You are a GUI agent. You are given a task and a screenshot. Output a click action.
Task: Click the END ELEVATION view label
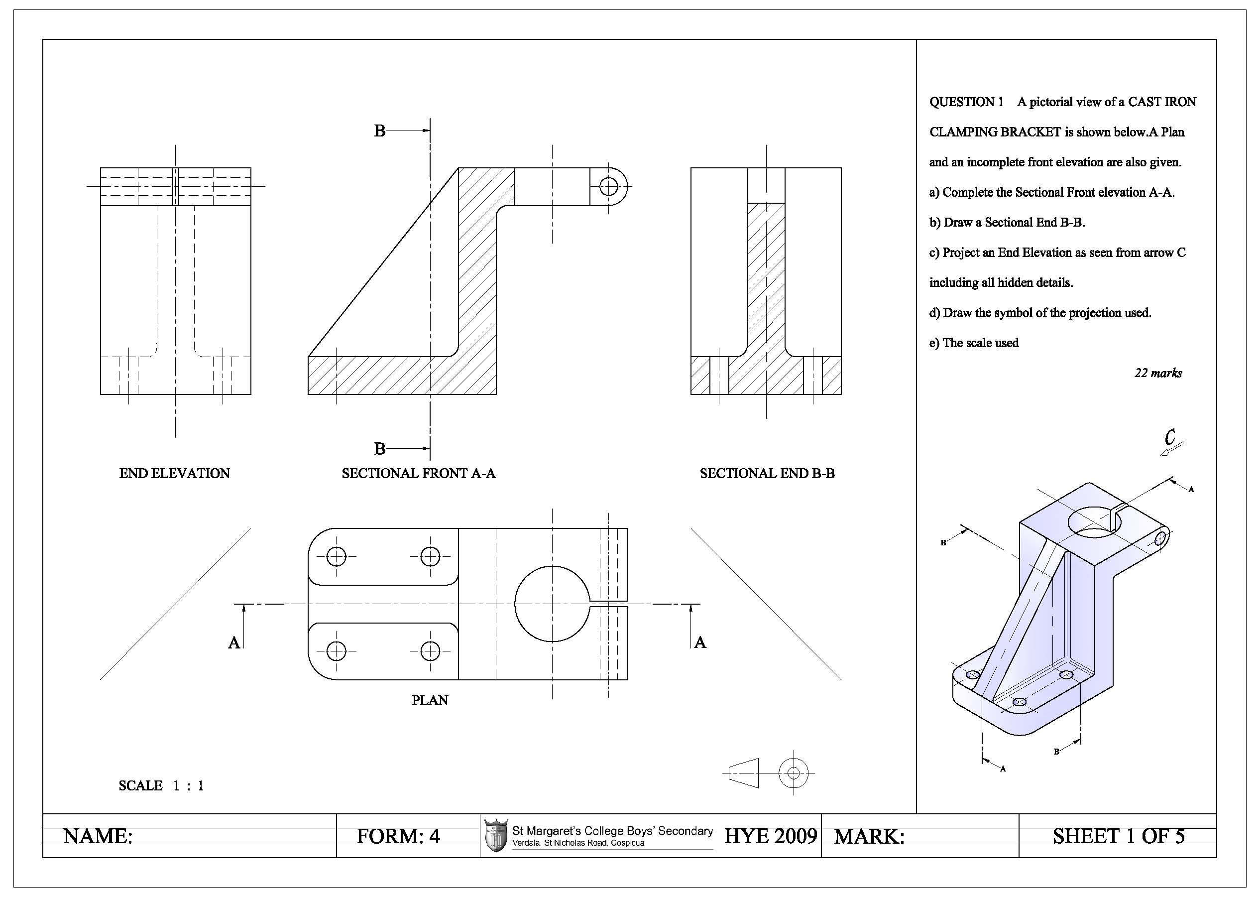[174, 473]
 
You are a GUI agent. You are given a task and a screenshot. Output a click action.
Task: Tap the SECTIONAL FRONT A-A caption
[418, 473]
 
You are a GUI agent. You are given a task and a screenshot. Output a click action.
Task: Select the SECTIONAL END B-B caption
[767, 473]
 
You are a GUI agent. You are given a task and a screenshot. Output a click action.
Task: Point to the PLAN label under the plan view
[430, 700]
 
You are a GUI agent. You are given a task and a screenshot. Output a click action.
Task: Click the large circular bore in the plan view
[552, 604]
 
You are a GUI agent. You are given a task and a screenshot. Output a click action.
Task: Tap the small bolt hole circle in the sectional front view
[608, 186]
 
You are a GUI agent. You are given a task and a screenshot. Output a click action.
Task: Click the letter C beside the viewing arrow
[1169, 437]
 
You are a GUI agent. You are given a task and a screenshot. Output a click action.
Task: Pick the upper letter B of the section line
[379, 131]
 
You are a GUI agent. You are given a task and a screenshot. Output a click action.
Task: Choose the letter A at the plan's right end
[700, 642]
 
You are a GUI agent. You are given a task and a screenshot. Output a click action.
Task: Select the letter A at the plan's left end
[234, 642]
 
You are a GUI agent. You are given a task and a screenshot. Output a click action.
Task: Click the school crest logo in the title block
[495, 835]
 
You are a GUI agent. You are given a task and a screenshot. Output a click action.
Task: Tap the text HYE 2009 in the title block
[770, 836]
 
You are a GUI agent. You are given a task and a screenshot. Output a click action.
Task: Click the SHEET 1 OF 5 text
[1119, 836]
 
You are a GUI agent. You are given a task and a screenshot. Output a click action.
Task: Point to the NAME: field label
[98, 836]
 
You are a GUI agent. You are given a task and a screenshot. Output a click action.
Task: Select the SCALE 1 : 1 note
[161, 785]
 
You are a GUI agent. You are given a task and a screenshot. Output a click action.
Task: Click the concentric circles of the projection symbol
[794, 772]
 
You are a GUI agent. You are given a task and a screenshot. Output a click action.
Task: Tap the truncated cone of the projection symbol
[743, 772]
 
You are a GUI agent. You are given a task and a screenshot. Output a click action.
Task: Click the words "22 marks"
[1158, 374]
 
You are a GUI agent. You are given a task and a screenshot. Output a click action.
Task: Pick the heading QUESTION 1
[966, 102]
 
